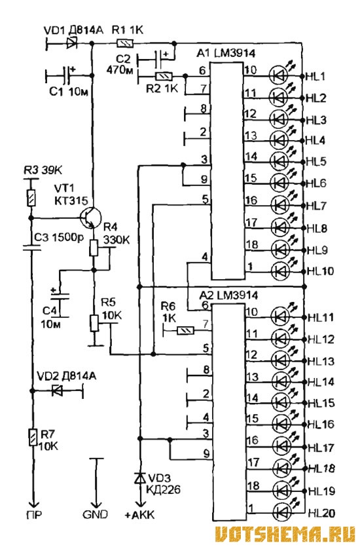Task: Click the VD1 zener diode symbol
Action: click(x=72, y=43)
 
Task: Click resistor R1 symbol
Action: click(x=124, y=43)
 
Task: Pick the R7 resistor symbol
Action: click(x=33, y=437)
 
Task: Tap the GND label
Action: click(x=95, y=514)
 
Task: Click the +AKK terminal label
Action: click(x=140, y=514)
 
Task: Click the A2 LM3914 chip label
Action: click(x=228, y=295)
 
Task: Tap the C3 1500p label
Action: click(x=60, y=238)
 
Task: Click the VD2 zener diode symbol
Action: click(x=57, y=390)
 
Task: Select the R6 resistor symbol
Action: click(x=185, y=330)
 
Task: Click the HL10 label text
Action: click(x=320, y=271)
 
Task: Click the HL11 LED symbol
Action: click(x=281, y=316)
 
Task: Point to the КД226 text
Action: click(x=164, y=489)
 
